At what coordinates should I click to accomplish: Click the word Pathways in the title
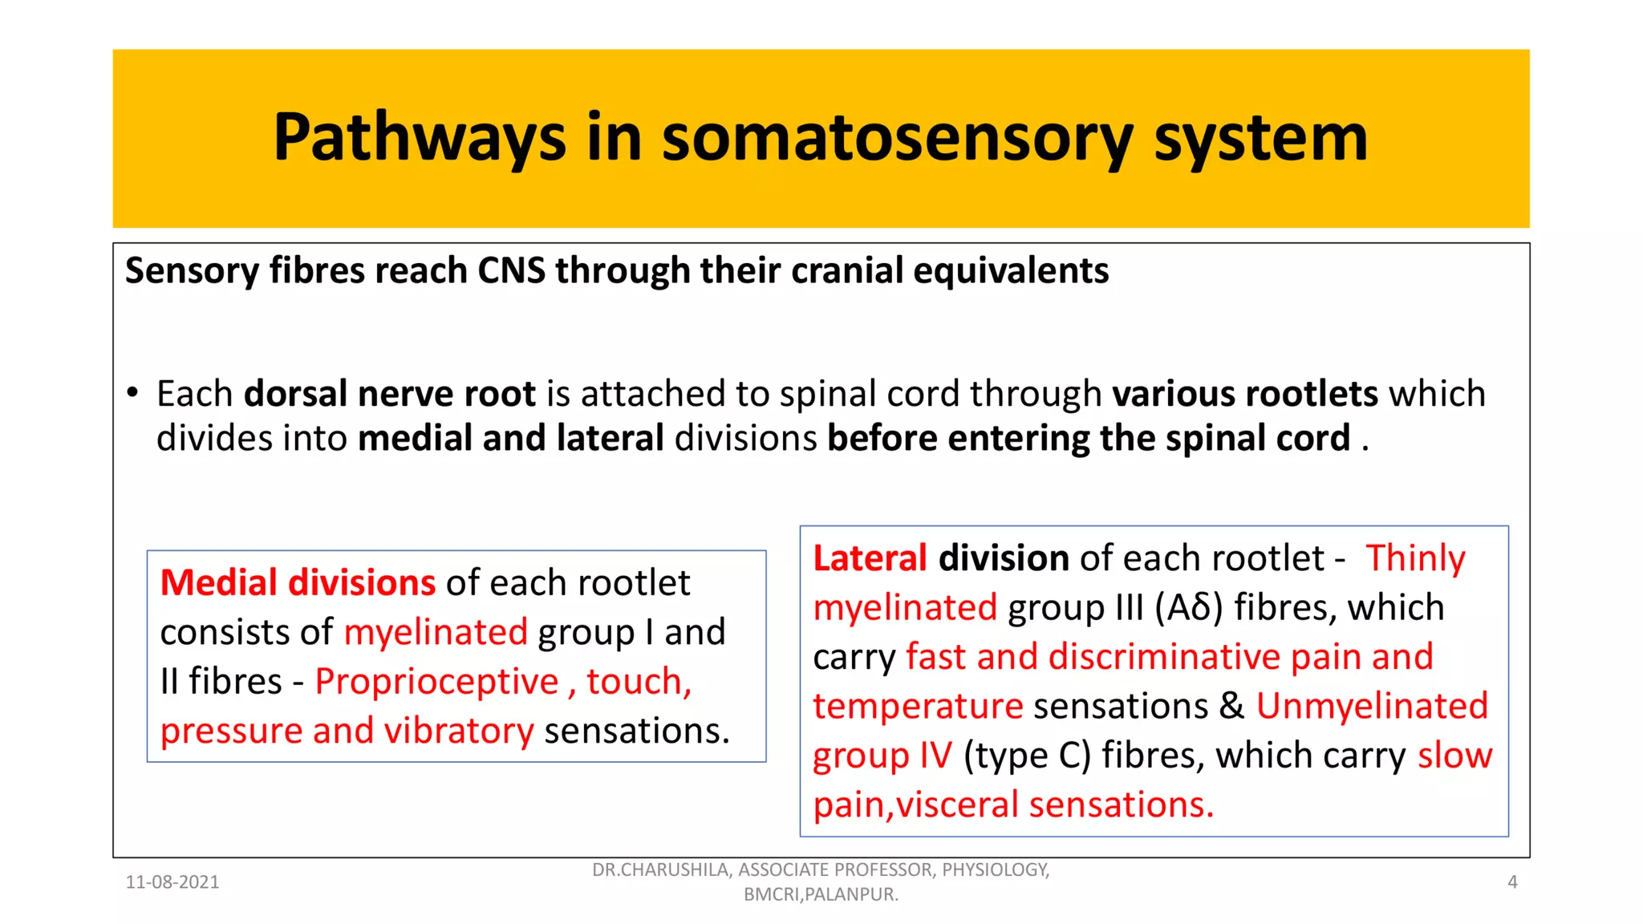[x=419, y=138]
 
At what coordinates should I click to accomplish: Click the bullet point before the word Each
[x=133, y=393]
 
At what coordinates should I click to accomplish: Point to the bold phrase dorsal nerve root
[x=389, y=394]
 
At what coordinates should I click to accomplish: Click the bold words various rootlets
[x=1244, y=394]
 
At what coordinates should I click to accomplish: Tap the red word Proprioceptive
[x=436, y=682]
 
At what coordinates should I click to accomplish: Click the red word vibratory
[x=459, y=731]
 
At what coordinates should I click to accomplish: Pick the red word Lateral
[x=870, y=558]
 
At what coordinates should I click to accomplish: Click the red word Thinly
[x=1415, y=558]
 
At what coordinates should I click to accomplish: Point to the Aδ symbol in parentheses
[x=1189, y=608]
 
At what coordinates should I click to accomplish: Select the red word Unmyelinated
[x=1371, y=707]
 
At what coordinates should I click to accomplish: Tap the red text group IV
[x=882, y=756]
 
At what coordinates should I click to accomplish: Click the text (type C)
[x=1027, y=756]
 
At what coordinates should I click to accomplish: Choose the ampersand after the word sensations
[x=1231, y=707]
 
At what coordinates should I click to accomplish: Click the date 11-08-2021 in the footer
[x=172, y=882]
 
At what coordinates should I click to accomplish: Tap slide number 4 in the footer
[x=1512, y=882]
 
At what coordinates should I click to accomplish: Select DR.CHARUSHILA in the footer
[x=659, y=870]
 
